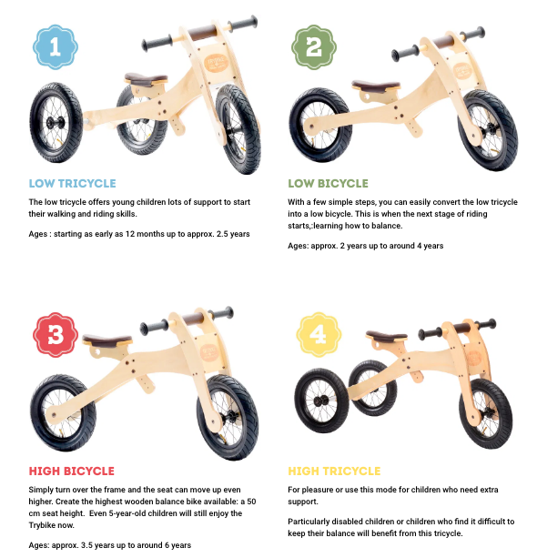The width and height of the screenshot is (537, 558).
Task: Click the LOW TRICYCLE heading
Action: pyautogui.click(x=73, y=183)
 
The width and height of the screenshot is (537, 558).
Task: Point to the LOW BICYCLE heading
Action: pyautogui.click(x=328, y=183)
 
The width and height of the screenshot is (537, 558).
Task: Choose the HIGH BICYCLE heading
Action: pyautogui.click(x=72, y=471)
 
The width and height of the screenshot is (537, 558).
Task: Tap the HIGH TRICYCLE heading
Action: pyautogui.click(x=334, y=471)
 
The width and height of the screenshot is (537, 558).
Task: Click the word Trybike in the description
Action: pyautogui.click(x=46, y=525)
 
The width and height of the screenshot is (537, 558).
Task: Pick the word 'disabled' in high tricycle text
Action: pyautogui.click(x=344, y=522)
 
